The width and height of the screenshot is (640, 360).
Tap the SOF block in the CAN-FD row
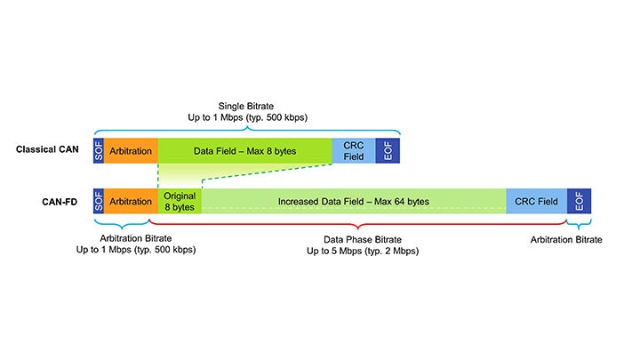coord(99,201)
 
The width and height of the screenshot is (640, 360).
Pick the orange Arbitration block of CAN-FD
coord(132,201)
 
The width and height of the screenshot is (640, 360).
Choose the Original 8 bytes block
coord(180,201)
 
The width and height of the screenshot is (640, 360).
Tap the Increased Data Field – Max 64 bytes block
coord(354,201)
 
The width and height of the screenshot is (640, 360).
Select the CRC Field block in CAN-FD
coord(536,201)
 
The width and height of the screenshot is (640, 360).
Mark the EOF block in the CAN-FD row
coord(579,201)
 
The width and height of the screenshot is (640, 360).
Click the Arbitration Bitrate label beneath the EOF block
coord(566,240)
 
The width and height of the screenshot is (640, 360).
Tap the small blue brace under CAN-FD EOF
coord(579,222)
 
